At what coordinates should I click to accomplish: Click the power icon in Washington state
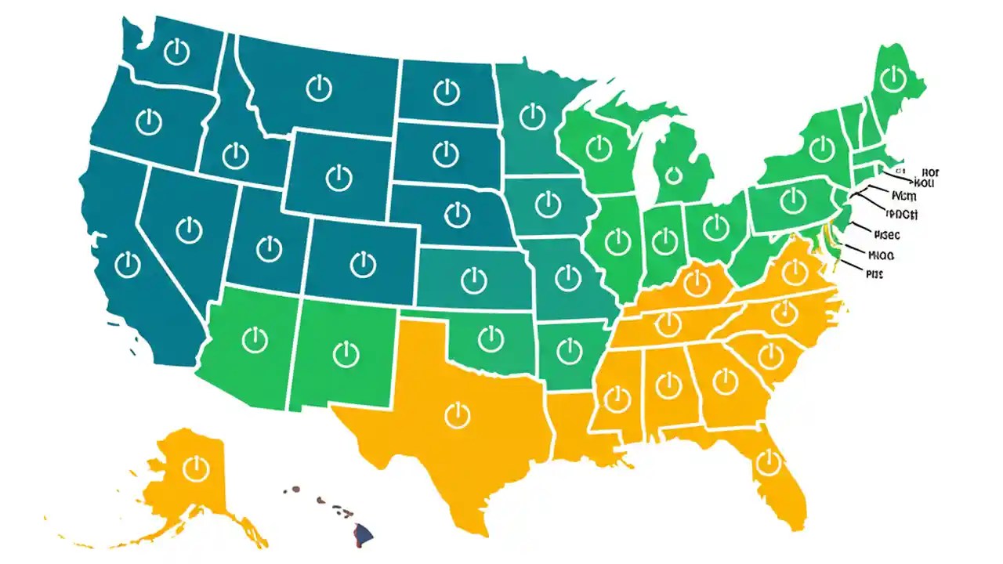(x=177, y=53)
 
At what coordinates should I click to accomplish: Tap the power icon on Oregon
(x=147, y=121)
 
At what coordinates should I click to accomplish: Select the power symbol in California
(x=126, y=264)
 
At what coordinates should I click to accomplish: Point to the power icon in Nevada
(x=189, y=230)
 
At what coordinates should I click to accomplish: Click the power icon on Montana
(x=319, y=88)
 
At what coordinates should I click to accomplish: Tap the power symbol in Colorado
(x=362, y=264)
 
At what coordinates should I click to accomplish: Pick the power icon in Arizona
(x=255, y=340)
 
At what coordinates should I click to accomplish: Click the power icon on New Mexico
(x=345, y=352)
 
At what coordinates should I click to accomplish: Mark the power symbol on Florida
(x=766, y=462)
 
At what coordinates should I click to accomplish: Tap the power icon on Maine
(x=892, y=78)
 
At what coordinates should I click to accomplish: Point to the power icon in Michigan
(x=672, y=175)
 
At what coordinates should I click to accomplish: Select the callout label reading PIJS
(x=874, y=274)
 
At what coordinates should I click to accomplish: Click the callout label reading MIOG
(x=882, y=255)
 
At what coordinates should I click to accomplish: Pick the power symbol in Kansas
(x=473, y=279)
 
